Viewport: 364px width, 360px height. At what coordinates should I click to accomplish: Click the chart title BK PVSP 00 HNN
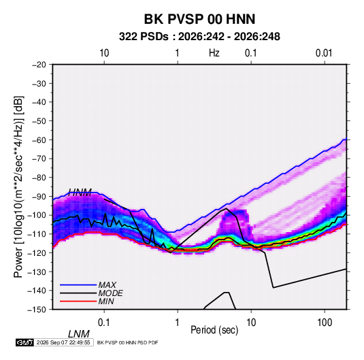tap(199, 19)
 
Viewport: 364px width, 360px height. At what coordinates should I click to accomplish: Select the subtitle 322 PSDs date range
tap(199, 37)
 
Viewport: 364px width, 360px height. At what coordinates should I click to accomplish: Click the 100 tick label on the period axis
tap(325, 323)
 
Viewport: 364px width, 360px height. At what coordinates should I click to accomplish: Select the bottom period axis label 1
tap(178, 323)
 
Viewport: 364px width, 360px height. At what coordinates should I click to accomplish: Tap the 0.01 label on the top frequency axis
tap(324, 53)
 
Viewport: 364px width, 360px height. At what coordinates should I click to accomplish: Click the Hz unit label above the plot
tap(214, 53)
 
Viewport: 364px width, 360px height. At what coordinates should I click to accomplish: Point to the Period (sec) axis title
tap(214, 330)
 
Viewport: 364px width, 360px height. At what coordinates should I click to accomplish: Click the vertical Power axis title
tap(18, 186)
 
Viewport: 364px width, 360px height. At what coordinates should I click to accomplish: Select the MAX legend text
tap(107, 285)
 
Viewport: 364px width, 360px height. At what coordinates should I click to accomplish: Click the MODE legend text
tap(110, 293)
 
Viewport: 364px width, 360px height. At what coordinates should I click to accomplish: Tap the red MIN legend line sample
tap(78, 301)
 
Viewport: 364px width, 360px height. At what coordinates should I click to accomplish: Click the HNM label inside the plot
tap(80, 193)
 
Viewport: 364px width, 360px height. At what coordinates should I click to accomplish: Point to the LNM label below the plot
tap(79, 334)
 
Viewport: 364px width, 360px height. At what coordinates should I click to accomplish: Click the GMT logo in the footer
tap(25, 342)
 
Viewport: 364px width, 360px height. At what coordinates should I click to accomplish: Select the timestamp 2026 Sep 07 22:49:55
tap(63, 342)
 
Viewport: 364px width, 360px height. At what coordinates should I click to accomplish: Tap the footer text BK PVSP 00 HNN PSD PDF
tap(127, 342)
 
